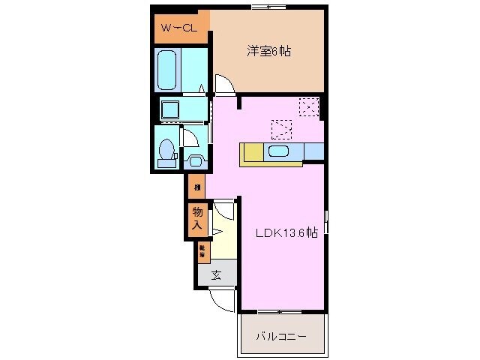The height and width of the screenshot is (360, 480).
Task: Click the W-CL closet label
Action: [x=177, y=29]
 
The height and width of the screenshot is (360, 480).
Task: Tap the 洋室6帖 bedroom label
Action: [x=269, y=52]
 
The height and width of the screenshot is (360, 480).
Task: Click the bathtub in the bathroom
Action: [x=168, y=70]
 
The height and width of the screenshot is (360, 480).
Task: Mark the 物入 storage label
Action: [x=197, y=218]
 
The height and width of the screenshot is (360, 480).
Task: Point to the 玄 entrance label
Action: [x=216, y=275]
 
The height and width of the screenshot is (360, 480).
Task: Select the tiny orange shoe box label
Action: [x=202, y=251]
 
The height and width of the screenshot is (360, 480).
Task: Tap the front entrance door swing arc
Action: [x=223, y=301]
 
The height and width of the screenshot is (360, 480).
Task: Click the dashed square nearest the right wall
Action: [x=308, y=106]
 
